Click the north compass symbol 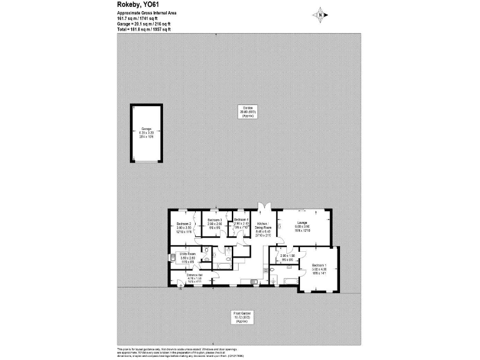(x=321, y=14)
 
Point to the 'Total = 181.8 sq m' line (x=144, y=29)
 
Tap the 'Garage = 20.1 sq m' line (x=144, y=24)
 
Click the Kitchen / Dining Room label (x=262, y=226)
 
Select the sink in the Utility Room (x=172, y=257)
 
